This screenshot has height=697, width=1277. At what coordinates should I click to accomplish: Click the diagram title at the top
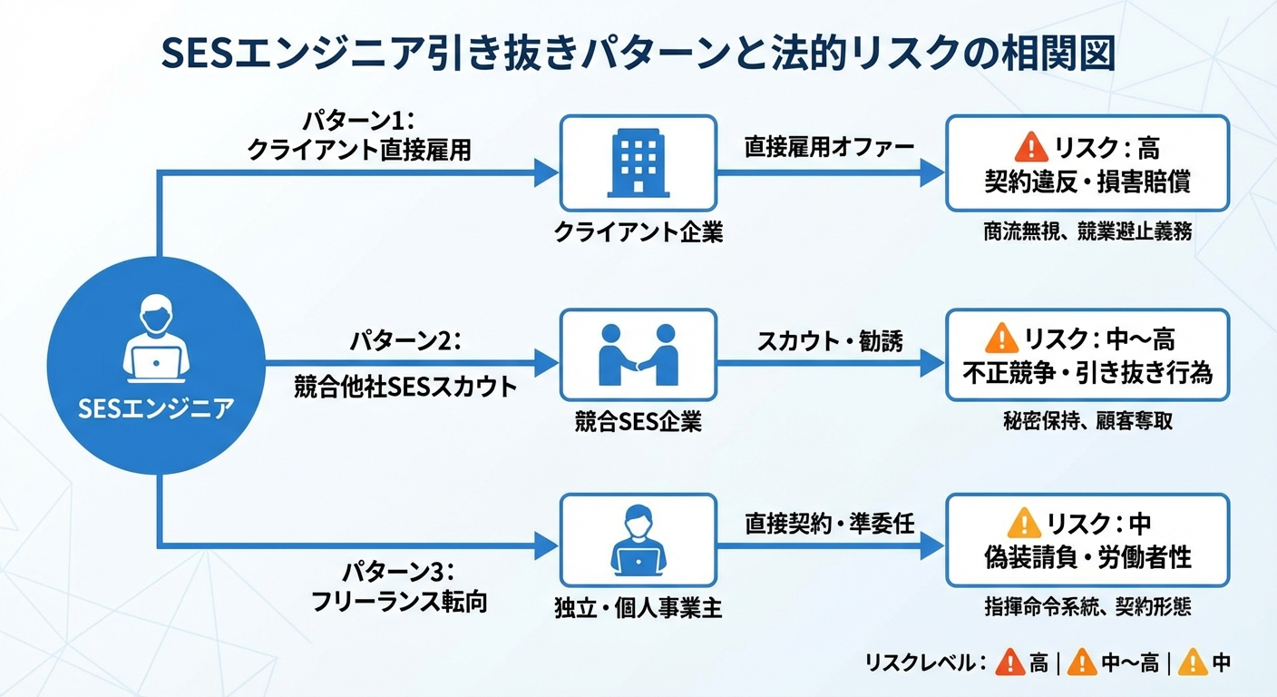click(x=638, y=54)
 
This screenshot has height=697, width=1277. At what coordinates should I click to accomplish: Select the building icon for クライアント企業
click(x=638, y=163)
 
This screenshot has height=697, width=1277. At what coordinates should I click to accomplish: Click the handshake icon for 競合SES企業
click(x=638, y=356)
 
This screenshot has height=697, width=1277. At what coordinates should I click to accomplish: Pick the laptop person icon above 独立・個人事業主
click(x=638, y=541)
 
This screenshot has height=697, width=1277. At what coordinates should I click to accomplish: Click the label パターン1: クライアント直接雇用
click(x=359, y=135)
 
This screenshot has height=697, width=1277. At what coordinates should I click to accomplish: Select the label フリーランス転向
click(x=399, y=601)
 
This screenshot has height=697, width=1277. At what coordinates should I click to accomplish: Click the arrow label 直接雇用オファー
click(x=829, y=147)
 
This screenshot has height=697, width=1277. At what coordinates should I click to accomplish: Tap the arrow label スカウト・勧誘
click(x=829, y=342)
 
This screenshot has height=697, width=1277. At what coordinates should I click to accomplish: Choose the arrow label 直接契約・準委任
click(x=829, y=523)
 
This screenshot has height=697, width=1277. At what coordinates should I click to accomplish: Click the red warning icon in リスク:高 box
click(x=1031, y=146)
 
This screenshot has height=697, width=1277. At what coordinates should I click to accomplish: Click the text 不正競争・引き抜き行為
click(x=1087, y=373)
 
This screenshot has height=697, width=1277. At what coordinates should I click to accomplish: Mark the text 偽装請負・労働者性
click(x=1087, y=557)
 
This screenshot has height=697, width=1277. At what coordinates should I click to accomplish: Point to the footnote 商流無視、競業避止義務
click(x=1087, y=232)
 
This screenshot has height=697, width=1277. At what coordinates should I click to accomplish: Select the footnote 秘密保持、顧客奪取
click(x=1087, y=422)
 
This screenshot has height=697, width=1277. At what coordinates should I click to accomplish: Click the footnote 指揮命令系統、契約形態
click(x=1087, y=606)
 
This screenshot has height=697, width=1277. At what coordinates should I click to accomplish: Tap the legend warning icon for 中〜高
click(x=1082, y=663)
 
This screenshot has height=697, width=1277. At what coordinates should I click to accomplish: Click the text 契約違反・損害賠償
click(x=1087, y=181)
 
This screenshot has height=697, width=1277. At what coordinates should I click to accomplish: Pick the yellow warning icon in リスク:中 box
click(x=1024, y=523)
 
